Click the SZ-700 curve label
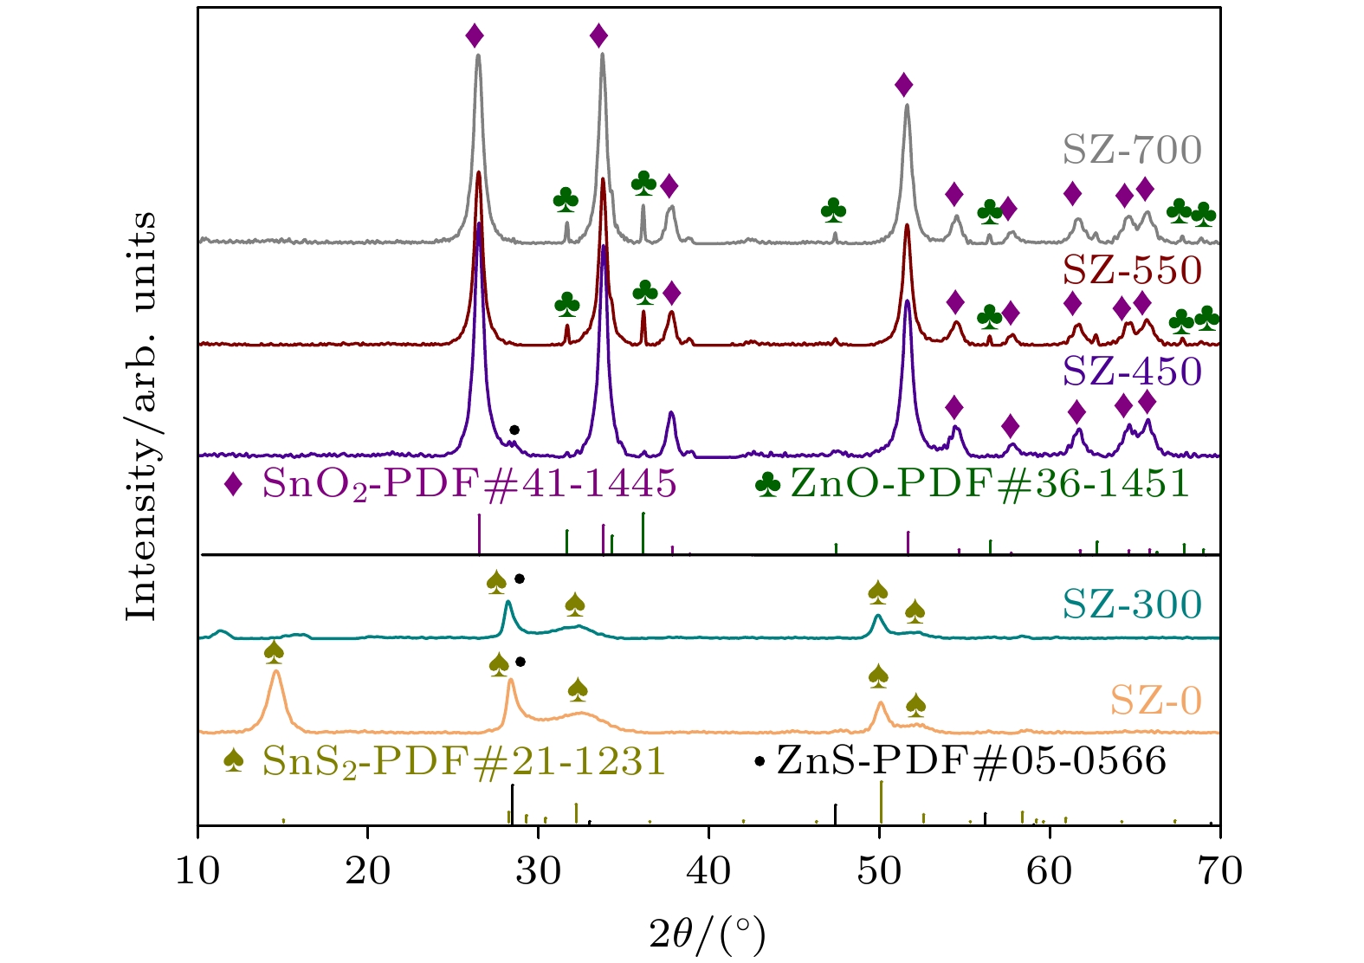click(1132, 150)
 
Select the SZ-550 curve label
click(1132, 270)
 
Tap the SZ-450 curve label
click(1132, 372)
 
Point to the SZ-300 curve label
click(1132, 604)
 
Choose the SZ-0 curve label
click(1156, 700)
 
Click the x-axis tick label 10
click(198, 870)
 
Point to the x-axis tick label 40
click(709, 870)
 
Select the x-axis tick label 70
click(1220, 870)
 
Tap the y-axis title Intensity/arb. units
click(142, 416)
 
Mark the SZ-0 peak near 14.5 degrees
click(275, 672)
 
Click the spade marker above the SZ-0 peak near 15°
click(274, 650)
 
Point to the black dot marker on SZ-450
click(514, 430)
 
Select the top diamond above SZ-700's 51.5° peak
click(904, 85)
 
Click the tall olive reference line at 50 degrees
click(881, 802)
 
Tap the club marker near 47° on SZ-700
click(833, 209)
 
